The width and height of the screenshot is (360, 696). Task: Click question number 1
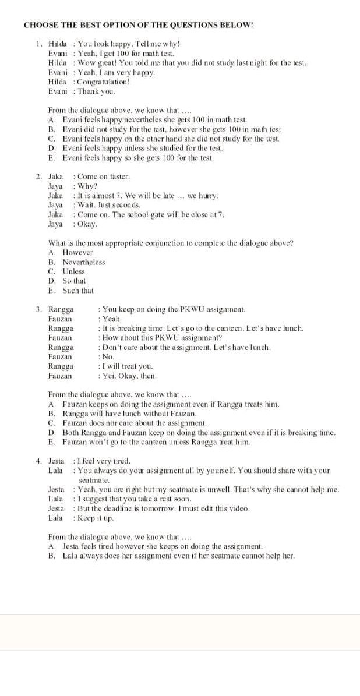click(x=38, y=44)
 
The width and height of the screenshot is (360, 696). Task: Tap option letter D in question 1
click(x=51, y=149)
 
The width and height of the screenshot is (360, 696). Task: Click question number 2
click(x=38, y=176)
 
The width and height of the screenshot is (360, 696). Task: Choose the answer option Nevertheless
click(x=84, y=262)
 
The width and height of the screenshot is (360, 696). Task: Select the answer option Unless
click(x=74, y=271)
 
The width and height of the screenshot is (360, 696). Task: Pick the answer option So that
click(x=75, y=281)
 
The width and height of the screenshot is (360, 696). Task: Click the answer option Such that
click(x=78, y=291)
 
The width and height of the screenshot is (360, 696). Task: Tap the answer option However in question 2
click(x=78, y=252)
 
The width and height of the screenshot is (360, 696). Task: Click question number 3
click(x=38, y=309)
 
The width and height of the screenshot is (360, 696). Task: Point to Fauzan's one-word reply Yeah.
click(x=112, y=319)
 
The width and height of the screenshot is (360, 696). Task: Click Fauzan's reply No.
click(x=108, y=356)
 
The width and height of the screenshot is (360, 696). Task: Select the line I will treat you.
click(x=128, y=366)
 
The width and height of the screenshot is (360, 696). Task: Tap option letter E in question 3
click(x=51, y=442)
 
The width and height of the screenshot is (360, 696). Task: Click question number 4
click(x=38, y=461)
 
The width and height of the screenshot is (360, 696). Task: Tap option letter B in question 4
click(x=51, y=556)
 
